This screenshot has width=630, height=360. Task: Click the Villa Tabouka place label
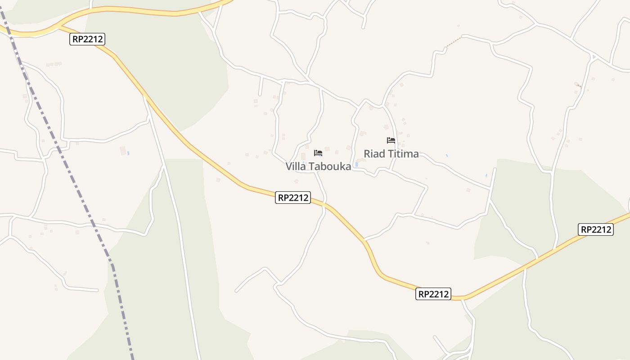click(x=318, y=166)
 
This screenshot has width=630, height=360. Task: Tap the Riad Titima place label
click(x=391, y=154)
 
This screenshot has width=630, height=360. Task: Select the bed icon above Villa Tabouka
click(x=318, y=153)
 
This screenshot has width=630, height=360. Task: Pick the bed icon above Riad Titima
click(x=391, y=140)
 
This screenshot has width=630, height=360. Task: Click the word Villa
click(x=296, y=166)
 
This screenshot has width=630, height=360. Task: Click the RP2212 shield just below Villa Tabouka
click(x=293, y=198)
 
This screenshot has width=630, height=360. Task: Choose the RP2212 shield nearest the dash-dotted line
click(x=88, y=39)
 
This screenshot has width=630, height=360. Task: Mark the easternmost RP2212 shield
click(x=596, y=229)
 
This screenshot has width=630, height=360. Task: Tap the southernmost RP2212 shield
click(x=433, y=294)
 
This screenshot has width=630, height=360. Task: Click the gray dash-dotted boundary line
click(x=67, y=166)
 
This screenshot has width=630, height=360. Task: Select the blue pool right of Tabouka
click(x=356, y=165)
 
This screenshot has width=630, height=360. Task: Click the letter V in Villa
click(x=289, y=166)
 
